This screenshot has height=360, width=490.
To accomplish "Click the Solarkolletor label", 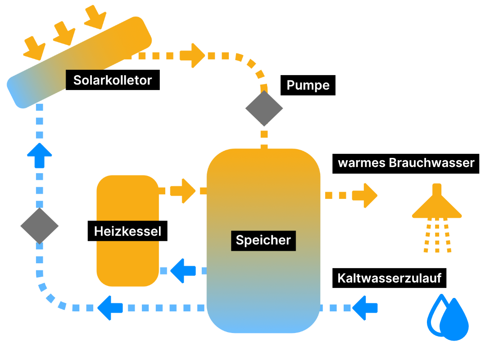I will (113, 81).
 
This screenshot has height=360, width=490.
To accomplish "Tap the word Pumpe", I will (308, 85).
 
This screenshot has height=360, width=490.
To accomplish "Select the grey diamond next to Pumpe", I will (264, 108).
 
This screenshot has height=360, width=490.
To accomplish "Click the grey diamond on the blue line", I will (40, 226).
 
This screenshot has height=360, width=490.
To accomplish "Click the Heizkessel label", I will (127, 232).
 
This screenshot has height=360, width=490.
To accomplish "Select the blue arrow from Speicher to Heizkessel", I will (182, 270).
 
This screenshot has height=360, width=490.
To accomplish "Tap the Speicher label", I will (263, 240).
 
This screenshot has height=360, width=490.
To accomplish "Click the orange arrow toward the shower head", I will (365, 195).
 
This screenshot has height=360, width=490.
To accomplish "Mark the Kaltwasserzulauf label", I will (389, 279).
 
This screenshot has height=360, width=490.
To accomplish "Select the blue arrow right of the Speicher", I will (365, 308).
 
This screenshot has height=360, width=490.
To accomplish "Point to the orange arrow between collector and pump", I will (192, 55).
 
